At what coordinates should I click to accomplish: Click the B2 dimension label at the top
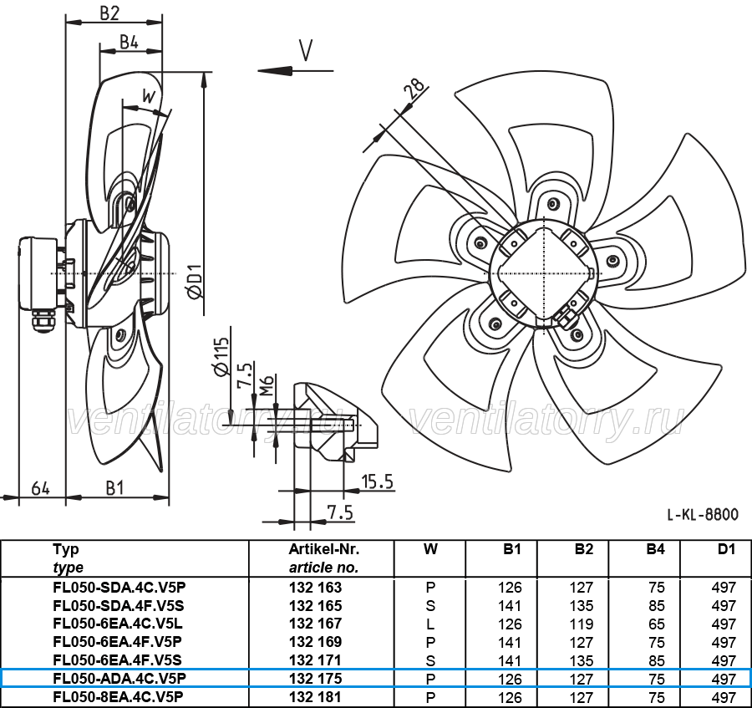point(109,13)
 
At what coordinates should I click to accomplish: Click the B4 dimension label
point(129,42)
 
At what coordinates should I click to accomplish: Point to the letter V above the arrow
point(306,50)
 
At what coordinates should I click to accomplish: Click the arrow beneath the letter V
point(296,70)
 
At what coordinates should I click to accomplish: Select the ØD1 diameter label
point(196,282)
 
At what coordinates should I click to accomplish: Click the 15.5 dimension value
point(378,481)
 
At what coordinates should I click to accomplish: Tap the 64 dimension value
point(41,489)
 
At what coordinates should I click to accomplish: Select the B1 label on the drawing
point(114,488)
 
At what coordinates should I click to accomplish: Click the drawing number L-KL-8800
point(703,515)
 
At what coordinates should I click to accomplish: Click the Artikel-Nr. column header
point(323,548)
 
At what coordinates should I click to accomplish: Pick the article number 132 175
point(316,679)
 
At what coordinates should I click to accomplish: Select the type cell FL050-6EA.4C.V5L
point(118,624)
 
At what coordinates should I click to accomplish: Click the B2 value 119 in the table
point(582,624)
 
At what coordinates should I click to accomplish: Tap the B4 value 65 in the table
point(657,624)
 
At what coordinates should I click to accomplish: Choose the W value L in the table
point(430,624)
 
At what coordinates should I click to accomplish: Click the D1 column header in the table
point(726,549)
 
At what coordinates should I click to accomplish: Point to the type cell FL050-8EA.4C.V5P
point(118,697)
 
